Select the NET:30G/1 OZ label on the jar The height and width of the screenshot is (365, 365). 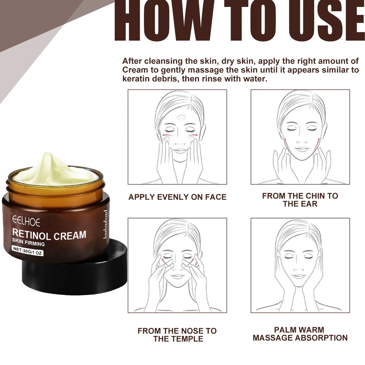point(28,251)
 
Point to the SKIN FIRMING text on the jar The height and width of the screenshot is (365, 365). point(28,242)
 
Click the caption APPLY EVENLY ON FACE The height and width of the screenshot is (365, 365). point(177,197)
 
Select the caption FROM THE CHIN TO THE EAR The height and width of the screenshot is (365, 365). point(300,200)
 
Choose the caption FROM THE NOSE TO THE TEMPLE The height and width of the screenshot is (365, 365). point(177,335)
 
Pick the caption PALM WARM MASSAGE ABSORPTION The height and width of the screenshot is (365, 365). point(300,334)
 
